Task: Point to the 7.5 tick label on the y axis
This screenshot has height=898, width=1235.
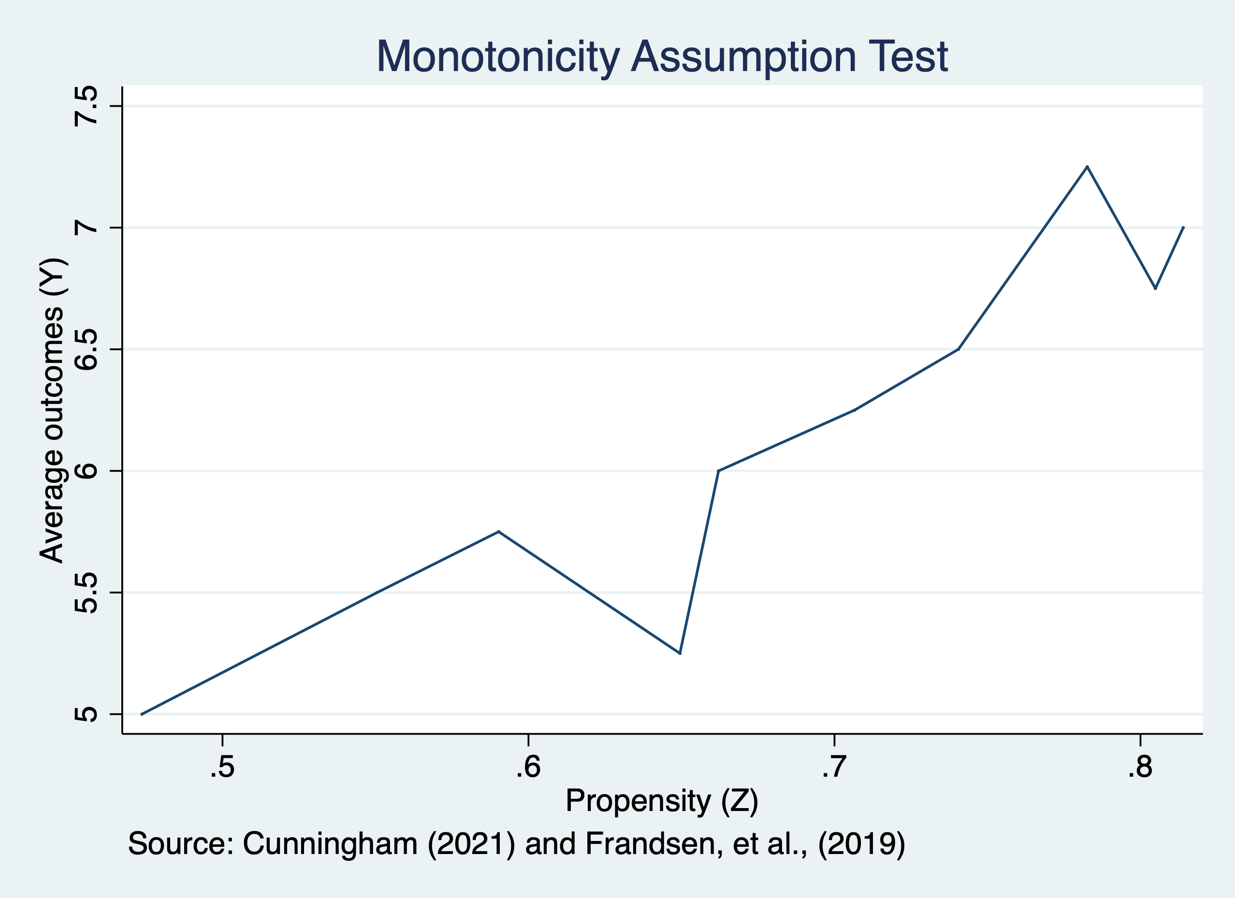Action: coord(87,106)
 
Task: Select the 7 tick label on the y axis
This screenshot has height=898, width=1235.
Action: coord(87,228)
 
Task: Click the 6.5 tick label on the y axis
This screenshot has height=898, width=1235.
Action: coord(87,349)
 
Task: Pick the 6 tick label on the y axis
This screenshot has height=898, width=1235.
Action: coord(87,471)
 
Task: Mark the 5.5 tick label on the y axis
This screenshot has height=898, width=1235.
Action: coord(87,593)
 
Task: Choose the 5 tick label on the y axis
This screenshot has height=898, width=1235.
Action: coord(87,714)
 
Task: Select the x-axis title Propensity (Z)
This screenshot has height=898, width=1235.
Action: coord(662,800)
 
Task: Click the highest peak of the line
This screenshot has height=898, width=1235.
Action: coord(1087,167)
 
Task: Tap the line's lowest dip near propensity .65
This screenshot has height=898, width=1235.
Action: coord(680,653)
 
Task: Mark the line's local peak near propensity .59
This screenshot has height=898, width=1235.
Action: coord(498,531)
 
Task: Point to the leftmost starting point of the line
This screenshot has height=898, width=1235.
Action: coord(142,714)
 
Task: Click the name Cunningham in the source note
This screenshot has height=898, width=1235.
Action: coord(330,843)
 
